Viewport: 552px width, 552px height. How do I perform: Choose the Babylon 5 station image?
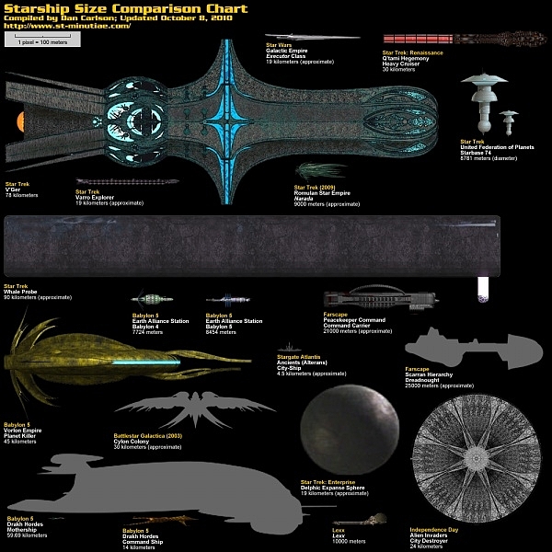click(x=226, y=300)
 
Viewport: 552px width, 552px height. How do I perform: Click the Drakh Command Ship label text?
click(x=145, y=542)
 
